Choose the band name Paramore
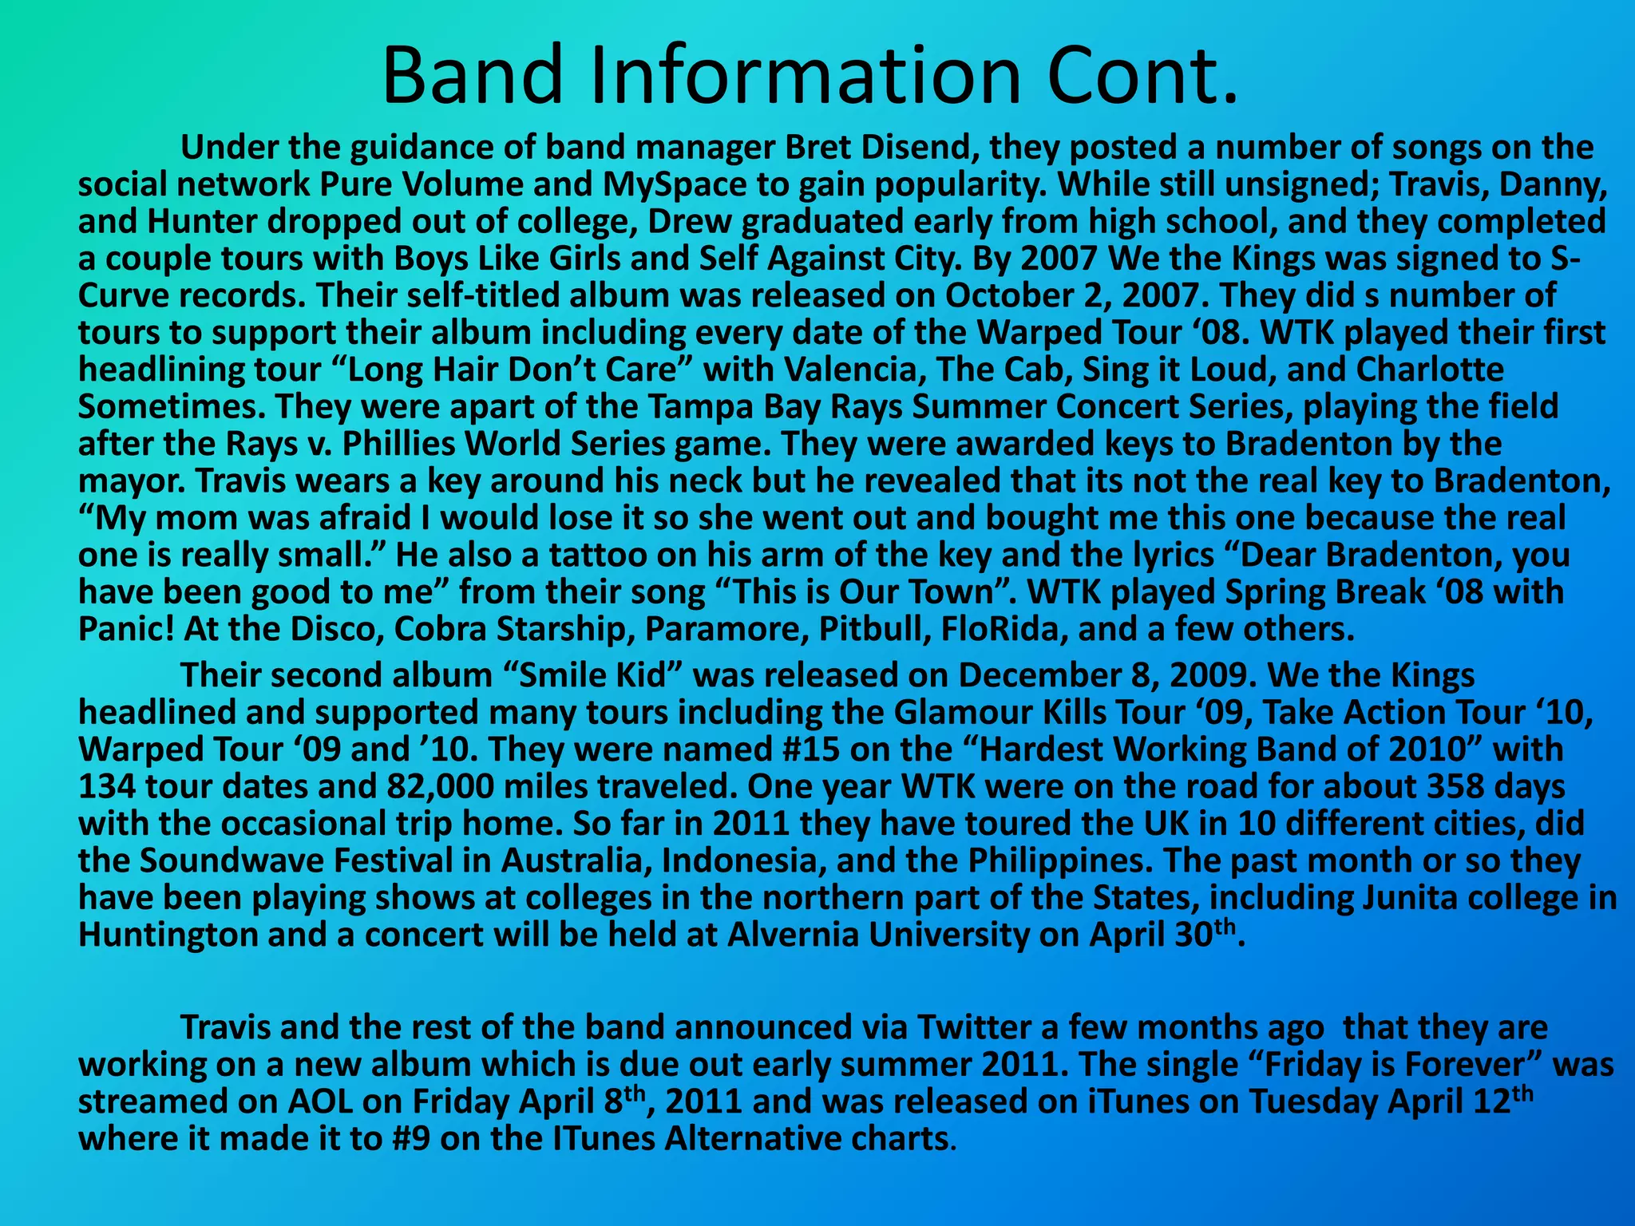(x=726, y=629)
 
